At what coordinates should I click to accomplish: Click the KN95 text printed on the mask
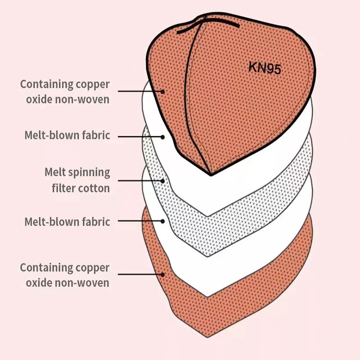click(x=265, y=68)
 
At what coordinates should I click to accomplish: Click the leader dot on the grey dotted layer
click(x=163, y=180)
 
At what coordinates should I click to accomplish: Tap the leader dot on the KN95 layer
click(x=163, y=91)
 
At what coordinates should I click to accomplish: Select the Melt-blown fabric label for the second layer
click(x=67, y=135)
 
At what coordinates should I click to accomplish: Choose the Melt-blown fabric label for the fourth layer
click(x=67, y=221)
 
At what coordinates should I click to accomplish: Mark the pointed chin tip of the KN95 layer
click(x=211, y=174)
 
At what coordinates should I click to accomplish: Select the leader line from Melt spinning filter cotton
click(x=139, y=180)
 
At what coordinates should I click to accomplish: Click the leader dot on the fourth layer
click(x=163, y=221)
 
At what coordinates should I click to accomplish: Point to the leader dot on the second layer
click(x=163, y=135)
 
